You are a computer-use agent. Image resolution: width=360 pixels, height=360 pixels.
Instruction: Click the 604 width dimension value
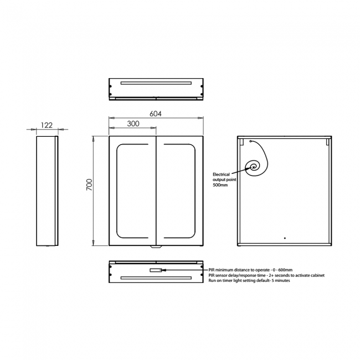click(x=156, y=114)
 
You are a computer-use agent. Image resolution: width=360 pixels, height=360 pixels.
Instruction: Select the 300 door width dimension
click(x=133, y=124)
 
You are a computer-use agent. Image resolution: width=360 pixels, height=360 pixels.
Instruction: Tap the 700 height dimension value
click(x=89, y=184)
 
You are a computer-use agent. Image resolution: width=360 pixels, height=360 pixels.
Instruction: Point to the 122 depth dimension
click(x=47, y=125)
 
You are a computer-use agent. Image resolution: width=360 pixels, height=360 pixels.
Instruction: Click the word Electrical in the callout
click(x=221, y=174)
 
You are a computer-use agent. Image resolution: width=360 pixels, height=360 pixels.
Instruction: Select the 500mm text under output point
click(x=220, y=185)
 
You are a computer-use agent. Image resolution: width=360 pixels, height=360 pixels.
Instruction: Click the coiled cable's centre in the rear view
click(x=254, y=167)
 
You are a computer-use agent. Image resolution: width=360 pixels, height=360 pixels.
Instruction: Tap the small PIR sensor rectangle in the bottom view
click(x=156, y=270)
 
